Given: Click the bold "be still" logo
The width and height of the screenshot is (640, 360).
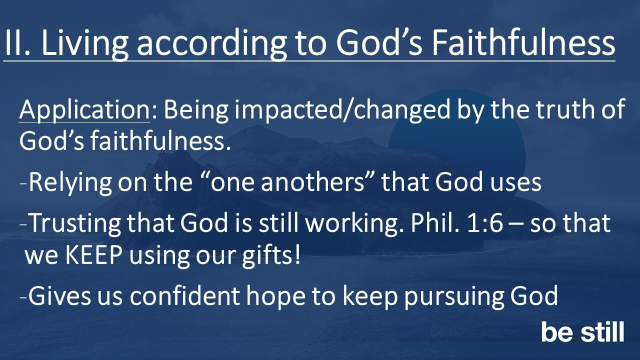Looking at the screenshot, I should coord(582,332).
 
